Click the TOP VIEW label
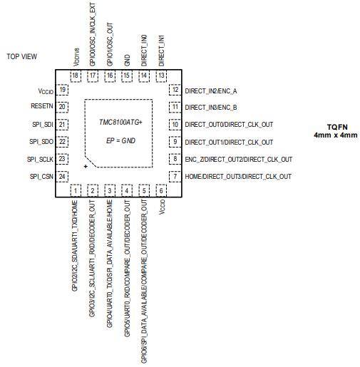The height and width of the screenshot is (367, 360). click(21, 56)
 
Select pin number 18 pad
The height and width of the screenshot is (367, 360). click(76, 76)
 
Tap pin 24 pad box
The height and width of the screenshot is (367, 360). click(62, 177)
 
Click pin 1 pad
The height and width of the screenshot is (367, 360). click(76, 190)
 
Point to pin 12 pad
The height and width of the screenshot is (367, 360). click(175, 90)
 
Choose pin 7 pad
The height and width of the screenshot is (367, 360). click(175, 177)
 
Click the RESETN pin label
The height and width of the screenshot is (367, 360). click(42, 106)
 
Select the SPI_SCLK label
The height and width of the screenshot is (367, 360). click(40, 159)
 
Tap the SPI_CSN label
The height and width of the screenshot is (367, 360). click(41, 177)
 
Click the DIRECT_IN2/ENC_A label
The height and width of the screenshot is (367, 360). click(211, 91)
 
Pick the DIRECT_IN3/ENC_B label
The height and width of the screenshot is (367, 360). click(211, 108)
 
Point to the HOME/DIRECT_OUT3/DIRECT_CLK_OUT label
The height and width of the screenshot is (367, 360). click(238, 177)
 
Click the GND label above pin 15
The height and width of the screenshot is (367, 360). click(127, 60)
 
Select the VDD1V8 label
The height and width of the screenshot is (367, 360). click(76, 57)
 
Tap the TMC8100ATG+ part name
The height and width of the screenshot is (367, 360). click(120, 122)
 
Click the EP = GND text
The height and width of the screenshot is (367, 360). click(120, 140)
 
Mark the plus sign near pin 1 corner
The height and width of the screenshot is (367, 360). click(86, 166)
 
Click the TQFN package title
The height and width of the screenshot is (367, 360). click(337, 127)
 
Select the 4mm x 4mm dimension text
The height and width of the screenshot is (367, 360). click(336, 135)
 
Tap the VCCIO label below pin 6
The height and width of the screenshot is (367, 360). click(162, 207)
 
